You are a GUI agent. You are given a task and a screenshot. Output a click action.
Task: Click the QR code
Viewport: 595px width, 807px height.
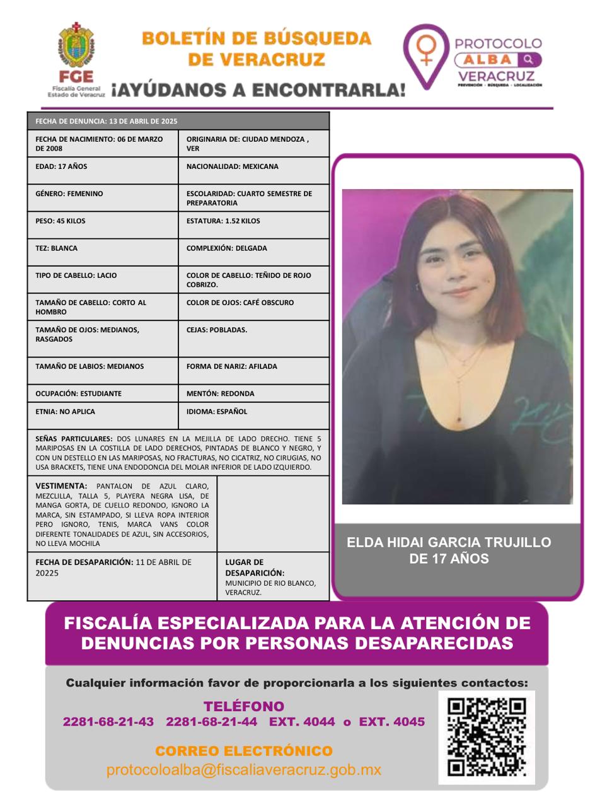point(487,736)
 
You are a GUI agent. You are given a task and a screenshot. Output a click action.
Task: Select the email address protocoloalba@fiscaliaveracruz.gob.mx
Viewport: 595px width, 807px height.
point(244,770)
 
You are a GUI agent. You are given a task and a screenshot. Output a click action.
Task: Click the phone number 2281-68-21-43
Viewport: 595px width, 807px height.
point(108,722)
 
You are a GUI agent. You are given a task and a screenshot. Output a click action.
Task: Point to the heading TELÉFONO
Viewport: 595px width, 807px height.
point(243,707)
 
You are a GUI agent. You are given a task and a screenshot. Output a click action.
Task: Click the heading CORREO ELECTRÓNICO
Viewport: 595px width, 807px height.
point(243,752)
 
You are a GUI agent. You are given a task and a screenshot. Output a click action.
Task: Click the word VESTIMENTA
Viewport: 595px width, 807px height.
point(61,486)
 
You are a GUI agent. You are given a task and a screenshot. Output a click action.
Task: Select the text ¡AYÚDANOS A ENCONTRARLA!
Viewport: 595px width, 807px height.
point(258,91)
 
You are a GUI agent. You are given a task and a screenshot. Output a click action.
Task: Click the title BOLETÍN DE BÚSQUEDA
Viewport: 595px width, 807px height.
point(257,38)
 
